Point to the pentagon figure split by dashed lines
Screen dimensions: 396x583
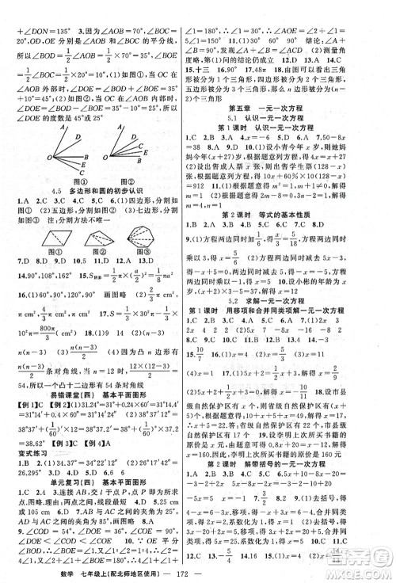[100, 262]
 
